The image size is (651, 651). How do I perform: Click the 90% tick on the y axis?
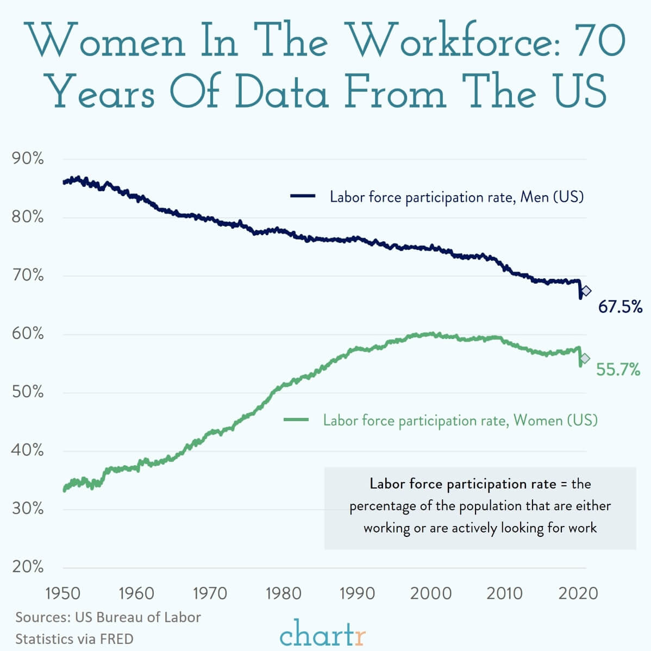tap(28, 158)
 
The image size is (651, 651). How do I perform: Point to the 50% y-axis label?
tap(28, 391)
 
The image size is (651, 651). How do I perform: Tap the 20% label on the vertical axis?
tap(28, 566)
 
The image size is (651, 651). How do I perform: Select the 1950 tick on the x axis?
tap(62, 593)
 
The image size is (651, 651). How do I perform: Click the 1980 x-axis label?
tap(284, 593)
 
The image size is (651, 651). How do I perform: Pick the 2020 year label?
tap(578, 593)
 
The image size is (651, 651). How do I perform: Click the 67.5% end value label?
tap(620, 306)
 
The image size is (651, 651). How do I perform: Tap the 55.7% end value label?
tap(618, 369)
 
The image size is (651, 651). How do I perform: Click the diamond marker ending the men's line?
tap(586, 291)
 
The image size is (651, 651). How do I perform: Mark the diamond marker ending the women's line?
tap(585, 358)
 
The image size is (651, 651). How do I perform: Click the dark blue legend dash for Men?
tap(303, 196)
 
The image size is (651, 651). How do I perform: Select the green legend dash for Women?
tap(296, 420)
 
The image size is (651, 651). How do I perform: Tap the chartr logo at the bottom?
tap(323, 633)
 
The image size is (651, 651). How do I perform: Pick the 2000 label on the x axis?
tap(431, 593)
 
